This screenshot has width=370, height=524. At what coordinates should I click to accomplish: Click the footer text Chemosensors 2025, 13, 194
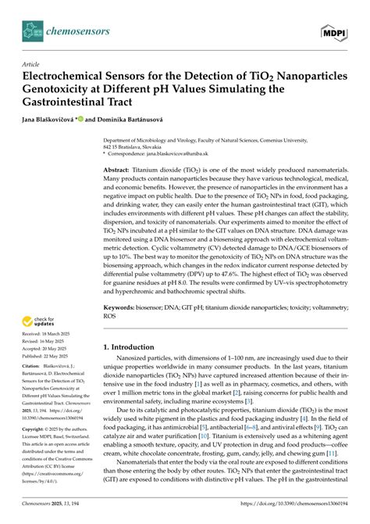(52, 515)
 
